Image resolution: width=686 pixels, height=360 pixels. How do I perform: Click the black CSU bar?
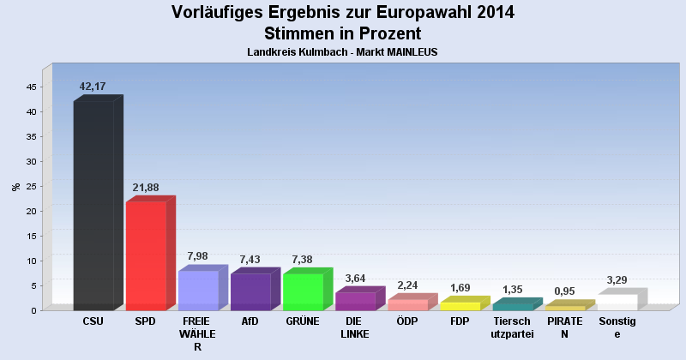click(93, 206)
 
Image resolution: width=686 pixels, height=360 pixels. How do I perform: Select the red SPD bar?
click(146, 255)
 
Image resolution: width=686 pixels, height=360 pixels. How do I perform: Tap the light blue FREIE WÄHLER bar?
click(198, 291)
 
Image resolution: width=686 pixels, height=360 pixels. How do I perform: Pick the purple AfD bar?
click(250, 291)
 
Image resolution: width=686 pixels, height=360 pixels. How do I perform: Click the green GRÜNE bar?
click(303, 291)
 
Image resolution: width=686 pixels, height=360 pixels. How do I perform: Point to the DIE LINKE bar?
click(355, 301)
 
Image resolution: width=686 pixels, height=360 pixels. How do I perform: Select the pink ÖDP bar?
click(407, 304)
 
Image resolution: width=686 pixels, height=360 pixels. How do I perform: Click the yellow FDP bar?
click(460, 306)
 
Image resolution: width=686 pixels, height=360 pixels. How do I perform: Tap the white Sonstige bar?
click(617, 302)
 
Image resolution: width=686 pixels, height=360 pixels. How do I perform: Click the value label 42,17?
click(93, 86)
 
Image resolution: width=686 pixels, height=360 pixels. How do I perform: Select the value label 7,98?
click(198, 256)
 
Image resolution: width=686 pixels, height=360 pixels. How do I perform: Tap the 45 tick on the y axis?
click(31, 87)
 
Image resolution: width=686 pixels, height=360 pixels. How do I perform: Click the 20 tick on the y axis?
click(31, 211)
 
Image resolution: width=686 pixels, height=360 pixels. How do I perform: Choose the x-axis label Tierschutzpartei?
click(513, 327)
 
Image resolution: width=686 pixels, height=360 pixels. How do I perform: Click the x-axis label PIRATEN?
click(565, 327)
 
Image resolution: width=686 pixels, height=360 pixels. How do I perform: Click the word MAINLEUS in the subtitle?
click(407, 52)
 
